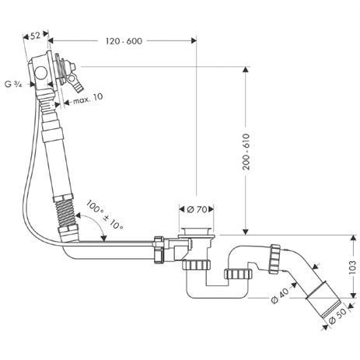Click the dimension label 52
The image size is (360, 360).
35,35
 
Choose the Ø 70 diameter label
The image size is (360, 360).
201,209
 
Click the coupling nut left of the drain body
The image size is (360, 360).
162,251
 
